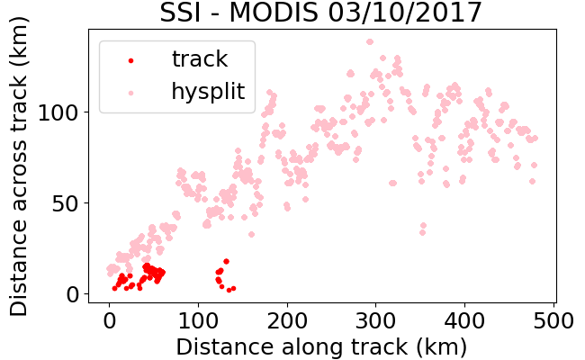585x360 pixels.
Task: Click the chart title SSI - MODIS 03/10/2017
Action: pyautogui.click(x=321, y=13)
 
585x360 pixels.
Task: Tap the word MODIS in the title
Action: pyautogui.click(x=274, y=13)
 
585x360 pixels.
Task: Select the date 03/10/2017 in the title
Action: pyautogui.click(x=405, y=13)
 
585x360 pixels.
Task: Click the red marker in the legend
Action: pyautogui.click(x=130, y=60)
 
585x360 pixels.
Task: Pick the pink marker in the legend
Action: pyautogui.click(x=130, y=93)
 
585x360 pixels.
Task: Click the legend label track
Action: pyautogui.click(x=200, y=58)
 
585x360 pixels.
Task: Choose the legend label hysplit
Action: pyautogui.click(x=208, y=92)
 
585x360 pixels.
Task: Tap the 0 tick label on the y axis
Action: pyautogui.click(x=73, y=294)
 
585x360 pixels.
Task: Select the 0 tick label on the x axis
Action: pyautogui.click(x=109, y=320)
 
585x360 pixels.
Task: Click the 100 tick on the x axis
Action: pyautogui.click(x=198, y=320)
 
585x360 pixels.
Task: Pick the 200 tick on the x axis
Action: pyautogui.click(x=287, y=320)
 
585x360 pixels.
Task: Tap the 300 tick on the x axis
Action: pyautogui.click(x=375, y=320)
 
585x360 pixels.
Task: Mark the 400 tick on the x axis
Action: pyautogui.click(x=464, y=320)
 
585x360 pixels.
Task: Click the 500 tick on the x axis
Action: pyautogui.click(x=553, y=320)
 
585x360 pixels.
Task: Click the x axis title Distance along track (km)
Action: pyautogui.click(x=321, y=347)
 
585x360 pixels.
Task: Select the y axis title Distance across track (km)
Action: pyautogui.click(x=19, y=166)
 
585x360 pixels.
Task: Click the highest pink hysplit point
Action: pyautogui.click(x=370, y=41)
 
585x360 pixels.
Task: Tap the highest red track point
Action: pyautogui.click(x=226, y=262)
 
